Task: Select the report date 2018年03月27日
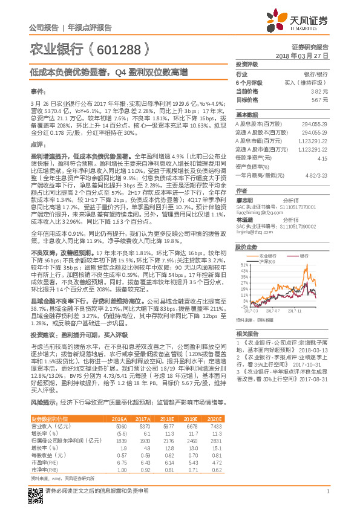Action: (x=302, y=54)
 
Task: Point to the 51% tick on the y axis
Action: (x=242, y=265)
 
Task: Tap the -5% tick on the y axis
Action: (x=242, y=306)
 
